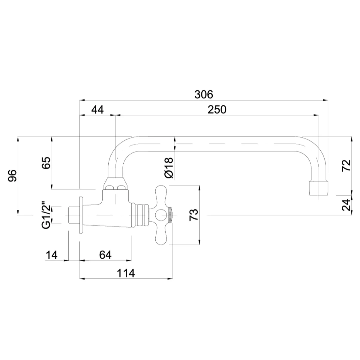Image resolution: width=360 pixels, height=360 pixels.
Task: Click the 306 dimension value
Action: click(x=204, y=94)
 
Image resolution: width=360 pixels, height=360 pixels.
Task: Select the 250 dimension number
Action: click(x=217, y=109)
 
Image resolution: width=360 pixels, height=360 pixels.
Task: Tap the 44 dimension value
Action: click(x=97, y=109)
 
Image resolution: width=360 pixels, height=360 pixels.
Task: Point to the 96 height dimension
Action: click(x=13, y=175)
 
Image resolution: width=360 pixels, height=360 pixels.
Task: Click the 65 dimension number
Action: click(x=46, y=163)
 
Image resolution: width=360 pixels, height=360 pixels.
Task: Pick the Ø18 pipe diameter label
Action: click(x=169, y=168)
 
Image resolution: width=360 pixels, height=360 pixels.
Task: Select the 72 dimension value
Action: click(x=346, y=165)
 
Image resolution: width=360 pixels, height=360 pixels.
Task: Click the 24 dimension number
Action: click(x=346, y=205)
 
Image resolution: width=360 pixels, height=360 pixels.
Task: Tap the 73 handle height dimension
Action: click(x=194, y=215)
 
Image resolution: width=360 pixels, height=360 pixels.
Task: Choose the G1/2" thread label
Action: click(x=46, y=215)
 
